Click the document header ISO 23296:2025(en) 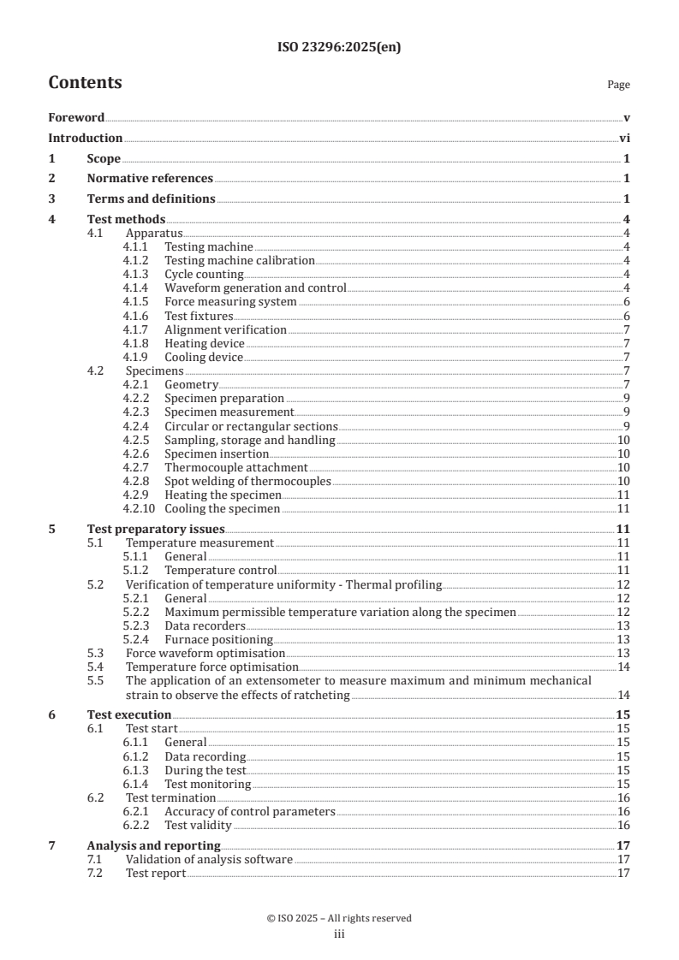[x=339, y=48]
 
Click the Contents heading [x=85, y=83]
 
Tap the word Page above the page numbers [x=618, y=85]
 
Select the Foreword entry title [x=76, y=117]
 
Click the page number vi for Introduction [x=624, y=138]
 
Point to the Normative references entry [x=150, y=178]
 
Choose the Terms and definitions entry [x=151, y=199]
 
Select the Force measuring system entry [x=230, y=301]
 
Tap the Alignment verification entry [x=225, y=329]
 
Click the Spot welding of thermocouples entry [x=247, y=481]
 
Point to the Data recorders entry [x=204, y=625]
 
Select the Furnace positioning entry [x=218, y=639]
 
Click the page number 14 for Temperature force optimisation [x=623, y=667]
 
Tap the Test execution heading [x=129, y=714]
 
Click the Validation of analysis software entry [x=209, y=859]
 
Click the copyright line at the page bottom [x=339, y=918]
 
